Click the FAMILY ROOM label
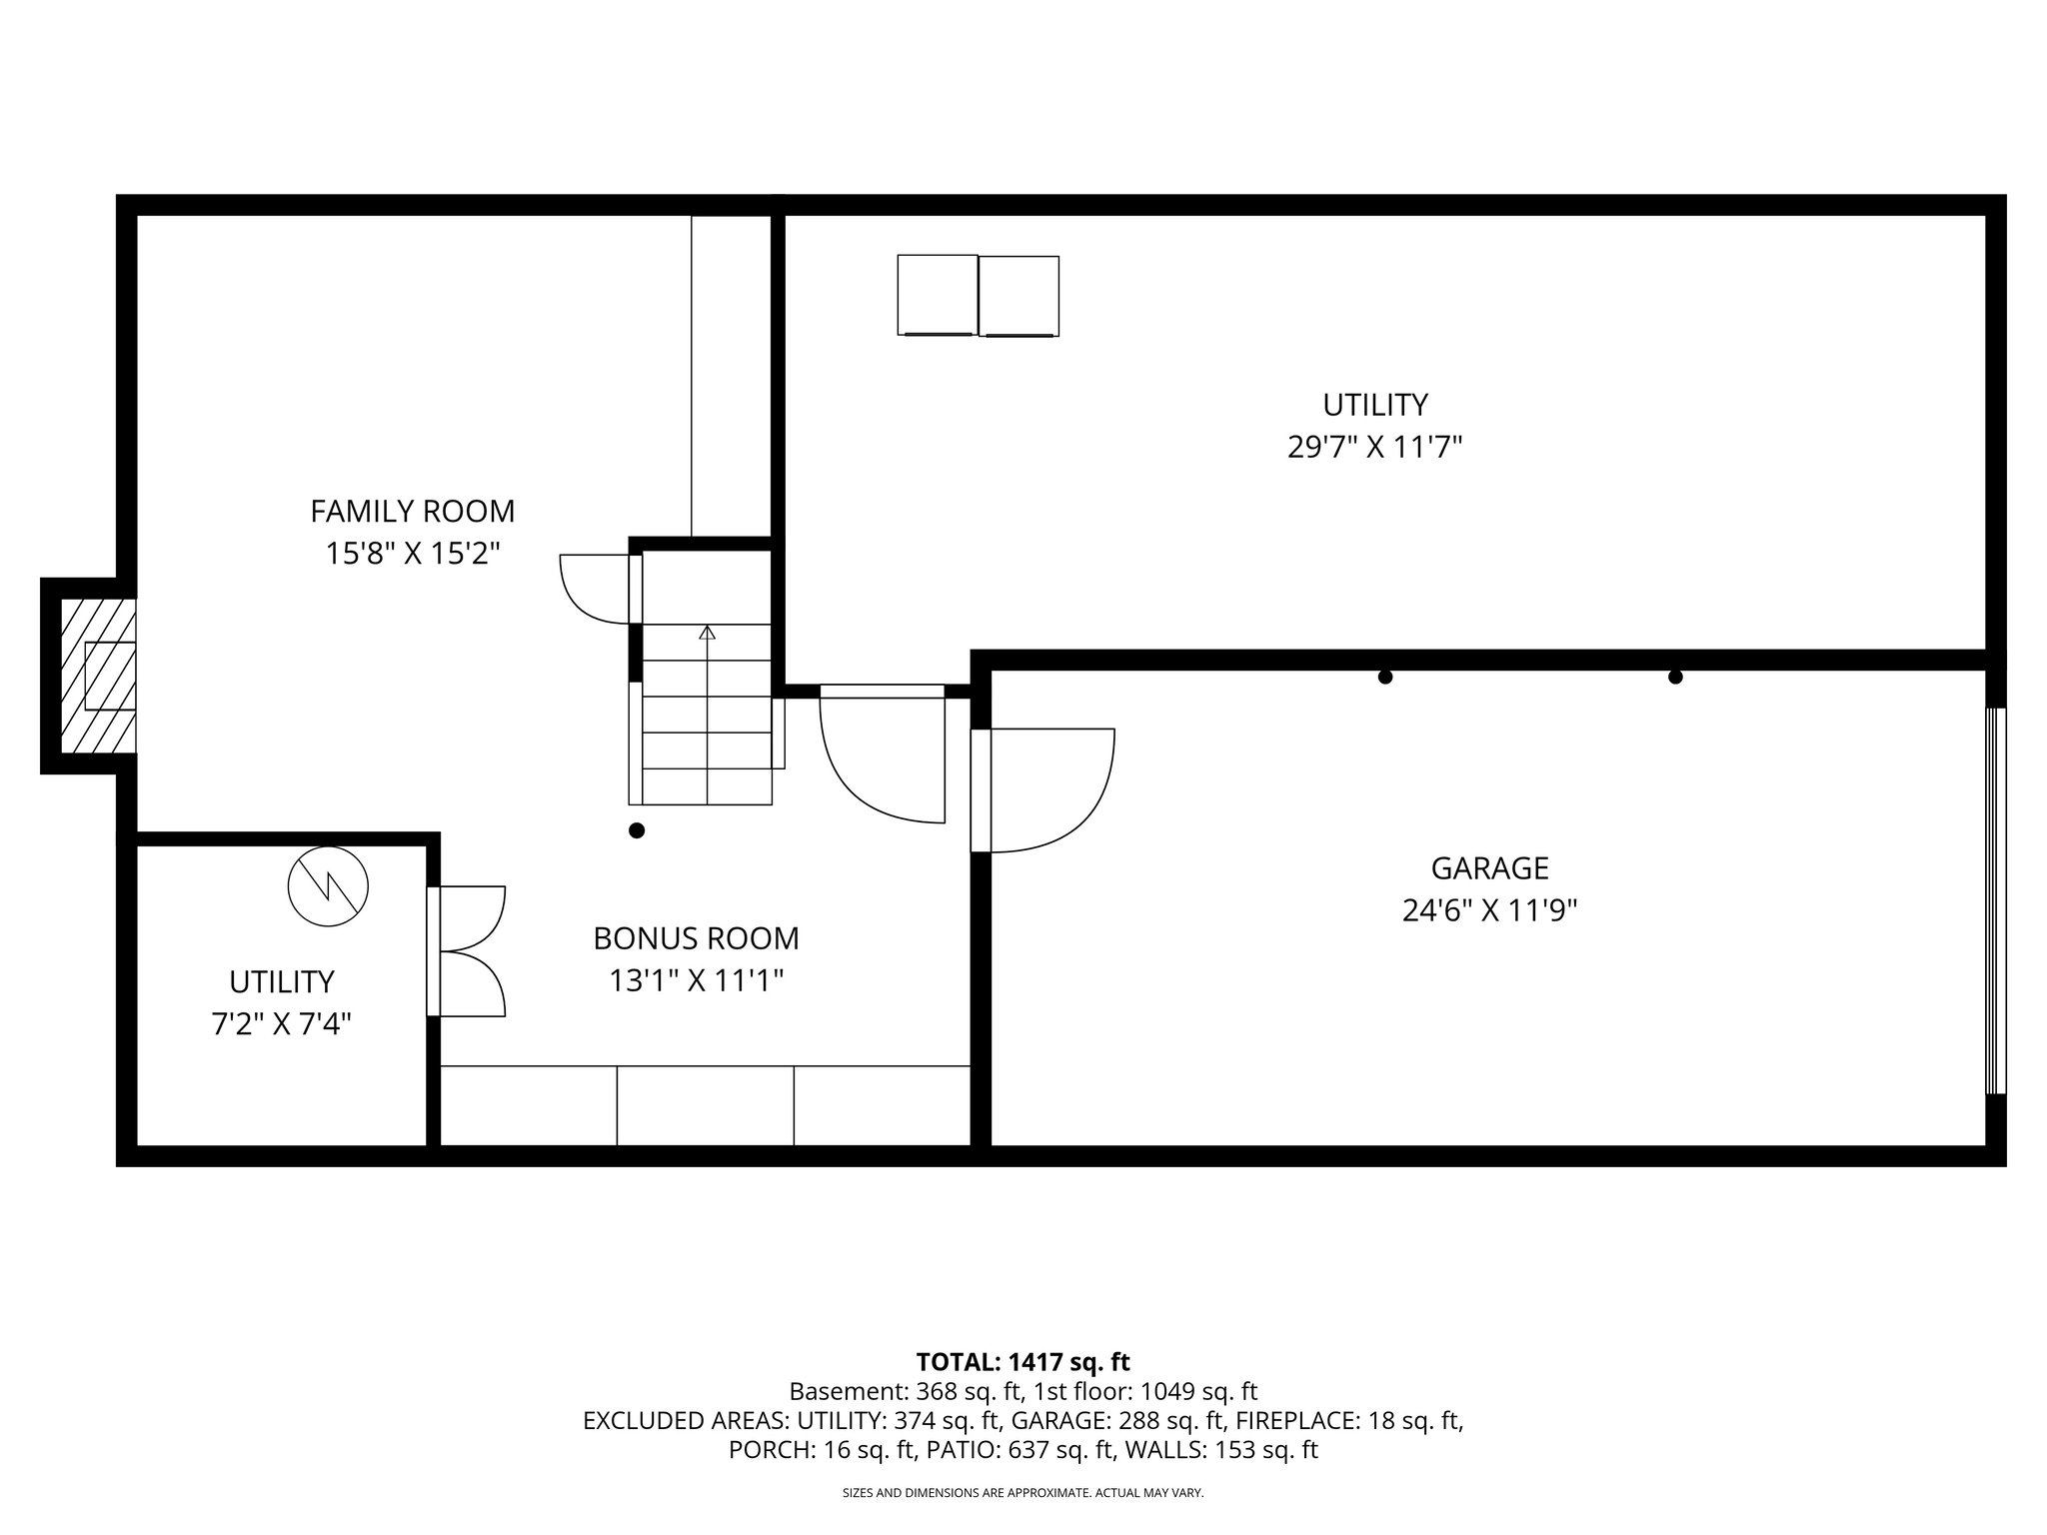point(412,511)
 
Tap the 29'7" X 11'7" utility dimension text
point(1374,447)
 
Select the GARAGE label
point(1489,867)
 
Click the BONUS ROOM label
point(696,938)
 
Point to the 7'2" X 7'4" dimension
point(281,1024)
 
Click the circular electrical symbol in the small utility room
point(328,885)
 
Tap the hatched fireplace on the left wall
point(98,676)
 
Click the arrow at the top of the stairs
point(708,633)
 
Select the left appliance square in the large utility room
point(938,295)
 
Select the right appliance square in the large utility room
point(1019,295)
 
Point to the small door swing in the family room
point(595,589)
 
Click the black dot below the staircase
point(637,830)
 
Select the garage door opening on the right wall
point(1994,900)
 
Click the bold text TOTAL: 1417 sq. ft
point(1023,1361)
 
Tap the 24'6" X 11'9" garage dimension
point(1489,910)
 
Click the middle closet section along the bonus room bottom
point(705,1105)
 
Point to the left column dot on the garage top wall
point(1384,677)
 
